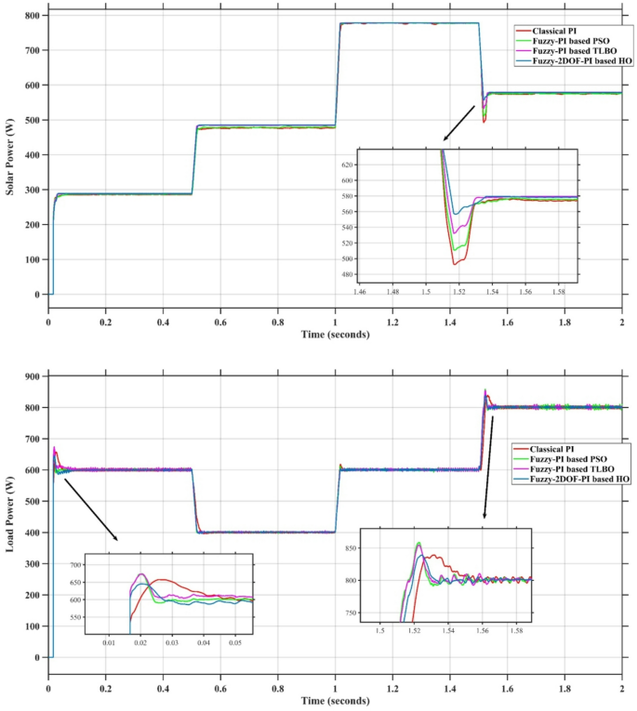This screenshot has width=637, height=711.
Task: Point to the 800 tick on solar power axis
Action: coord(31,16)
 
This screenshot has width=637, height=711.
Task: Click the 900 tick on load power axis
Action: coord(31,376)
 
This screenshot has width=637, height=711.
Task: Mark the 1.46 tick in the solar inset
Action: coord(360,291)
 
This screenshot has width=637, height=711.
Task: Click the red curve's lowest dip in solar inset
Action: coord(455,264)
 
